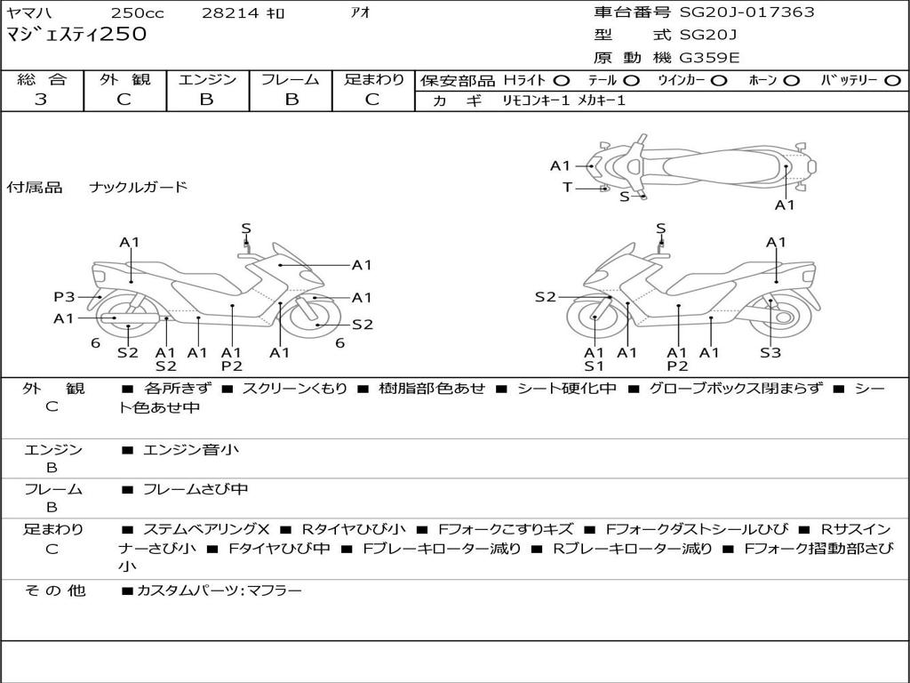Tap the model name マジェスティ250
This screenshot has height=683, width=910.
tap(76, 36)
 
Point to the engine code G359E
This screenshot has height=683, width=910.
tap(709, 59)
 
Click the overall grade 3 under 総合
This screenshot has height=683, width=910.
tap(41, 100)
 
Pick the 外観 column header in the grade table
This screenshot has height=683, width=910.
tap(124, 80)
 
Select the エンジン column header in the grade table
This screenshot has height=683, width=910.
tap(207, 80)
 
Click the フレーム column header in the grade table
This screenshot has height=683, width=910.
tap(291, 80)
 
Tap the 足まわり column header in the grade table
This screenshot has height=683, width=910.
tap(373, 80)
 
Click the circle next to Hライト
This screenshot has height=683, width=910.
tap(562, 80)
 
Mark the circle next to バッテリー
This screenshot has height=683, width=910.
tap(892, 80)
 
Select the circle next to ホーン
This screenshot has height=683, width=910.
tap(792, 80)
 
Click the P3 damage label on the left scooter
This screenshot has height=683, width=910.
tap(64, 297)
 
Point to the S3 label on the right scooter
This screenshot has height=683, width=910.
tap(770, 352)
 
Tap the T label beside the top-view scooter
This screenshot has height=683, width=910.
tap(567, 187)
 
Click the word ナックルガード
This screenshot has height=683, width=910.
tap(139, 187)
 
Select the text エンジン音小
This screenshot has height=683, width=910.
tap(190, 450)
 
